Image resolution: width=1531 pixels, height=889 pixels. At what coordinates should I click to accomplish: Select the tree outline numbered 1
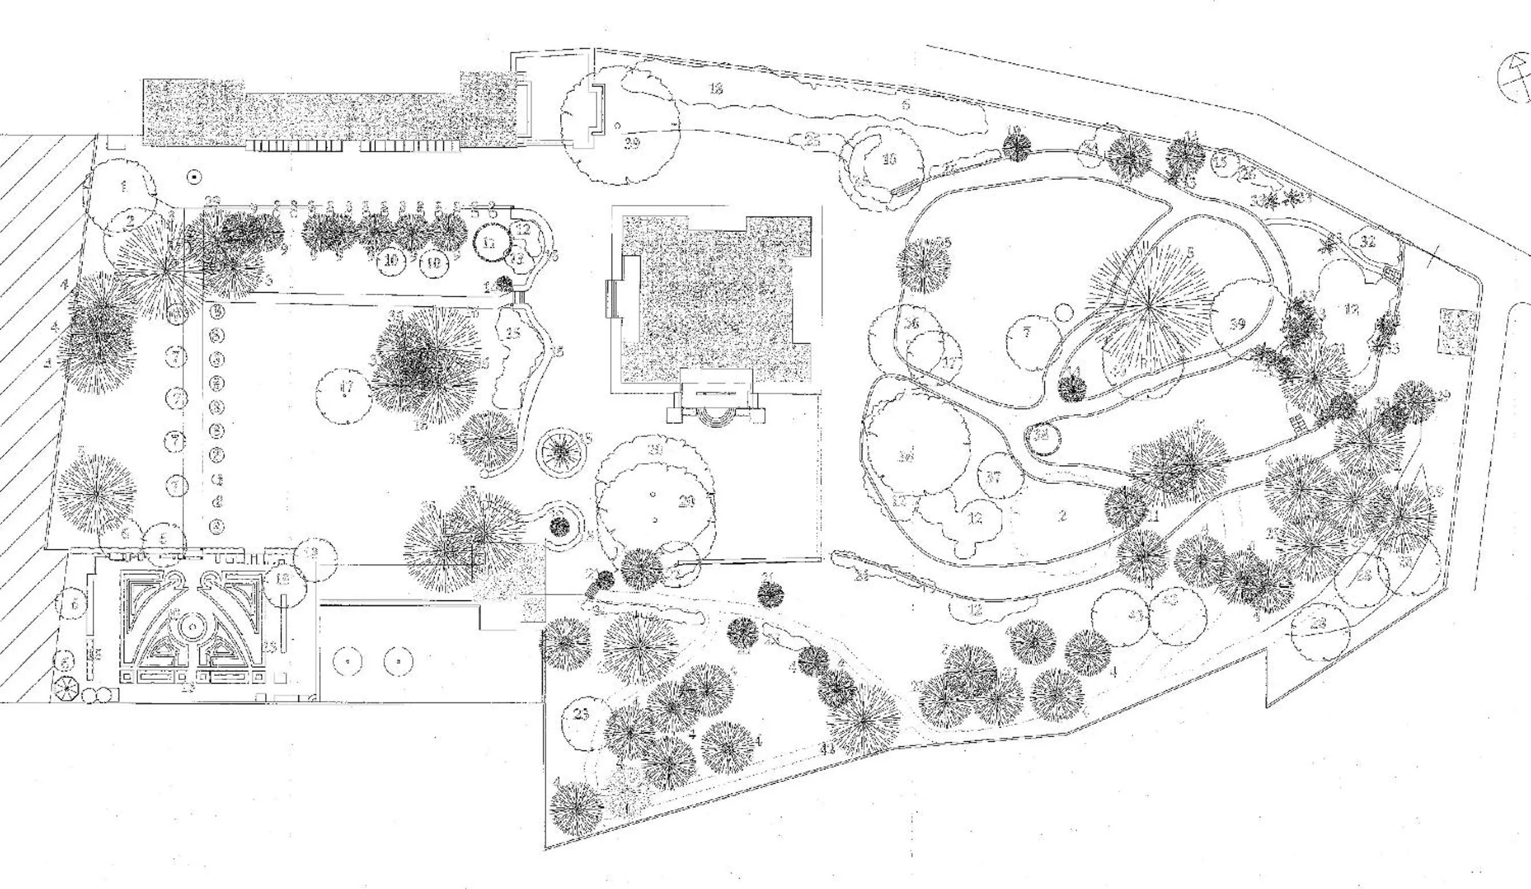(124, 186)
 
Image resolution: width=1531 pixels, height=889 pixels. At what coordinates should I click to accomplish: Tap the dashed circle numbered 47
(345, 390)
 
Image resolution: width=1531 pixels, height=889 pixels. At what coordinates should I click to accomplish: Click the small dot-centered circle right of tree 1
(194, 177)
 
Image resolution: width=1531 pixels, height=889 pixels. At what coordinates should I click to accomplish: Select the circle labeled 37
(993, 477)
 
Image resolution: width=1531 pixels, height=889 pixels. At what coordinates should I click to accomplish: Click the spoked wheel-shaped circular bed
(562, 451)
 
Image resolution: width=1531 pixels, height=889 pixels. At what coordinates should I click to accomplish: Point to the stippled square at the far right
(1455, 331)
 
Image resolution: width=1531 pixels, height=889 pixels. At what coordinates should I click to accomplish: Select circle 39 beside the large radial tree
(1239, 322)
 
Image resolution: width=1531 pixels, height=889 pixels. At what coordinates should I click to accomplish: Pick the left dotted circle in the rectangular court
(347, 660)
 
